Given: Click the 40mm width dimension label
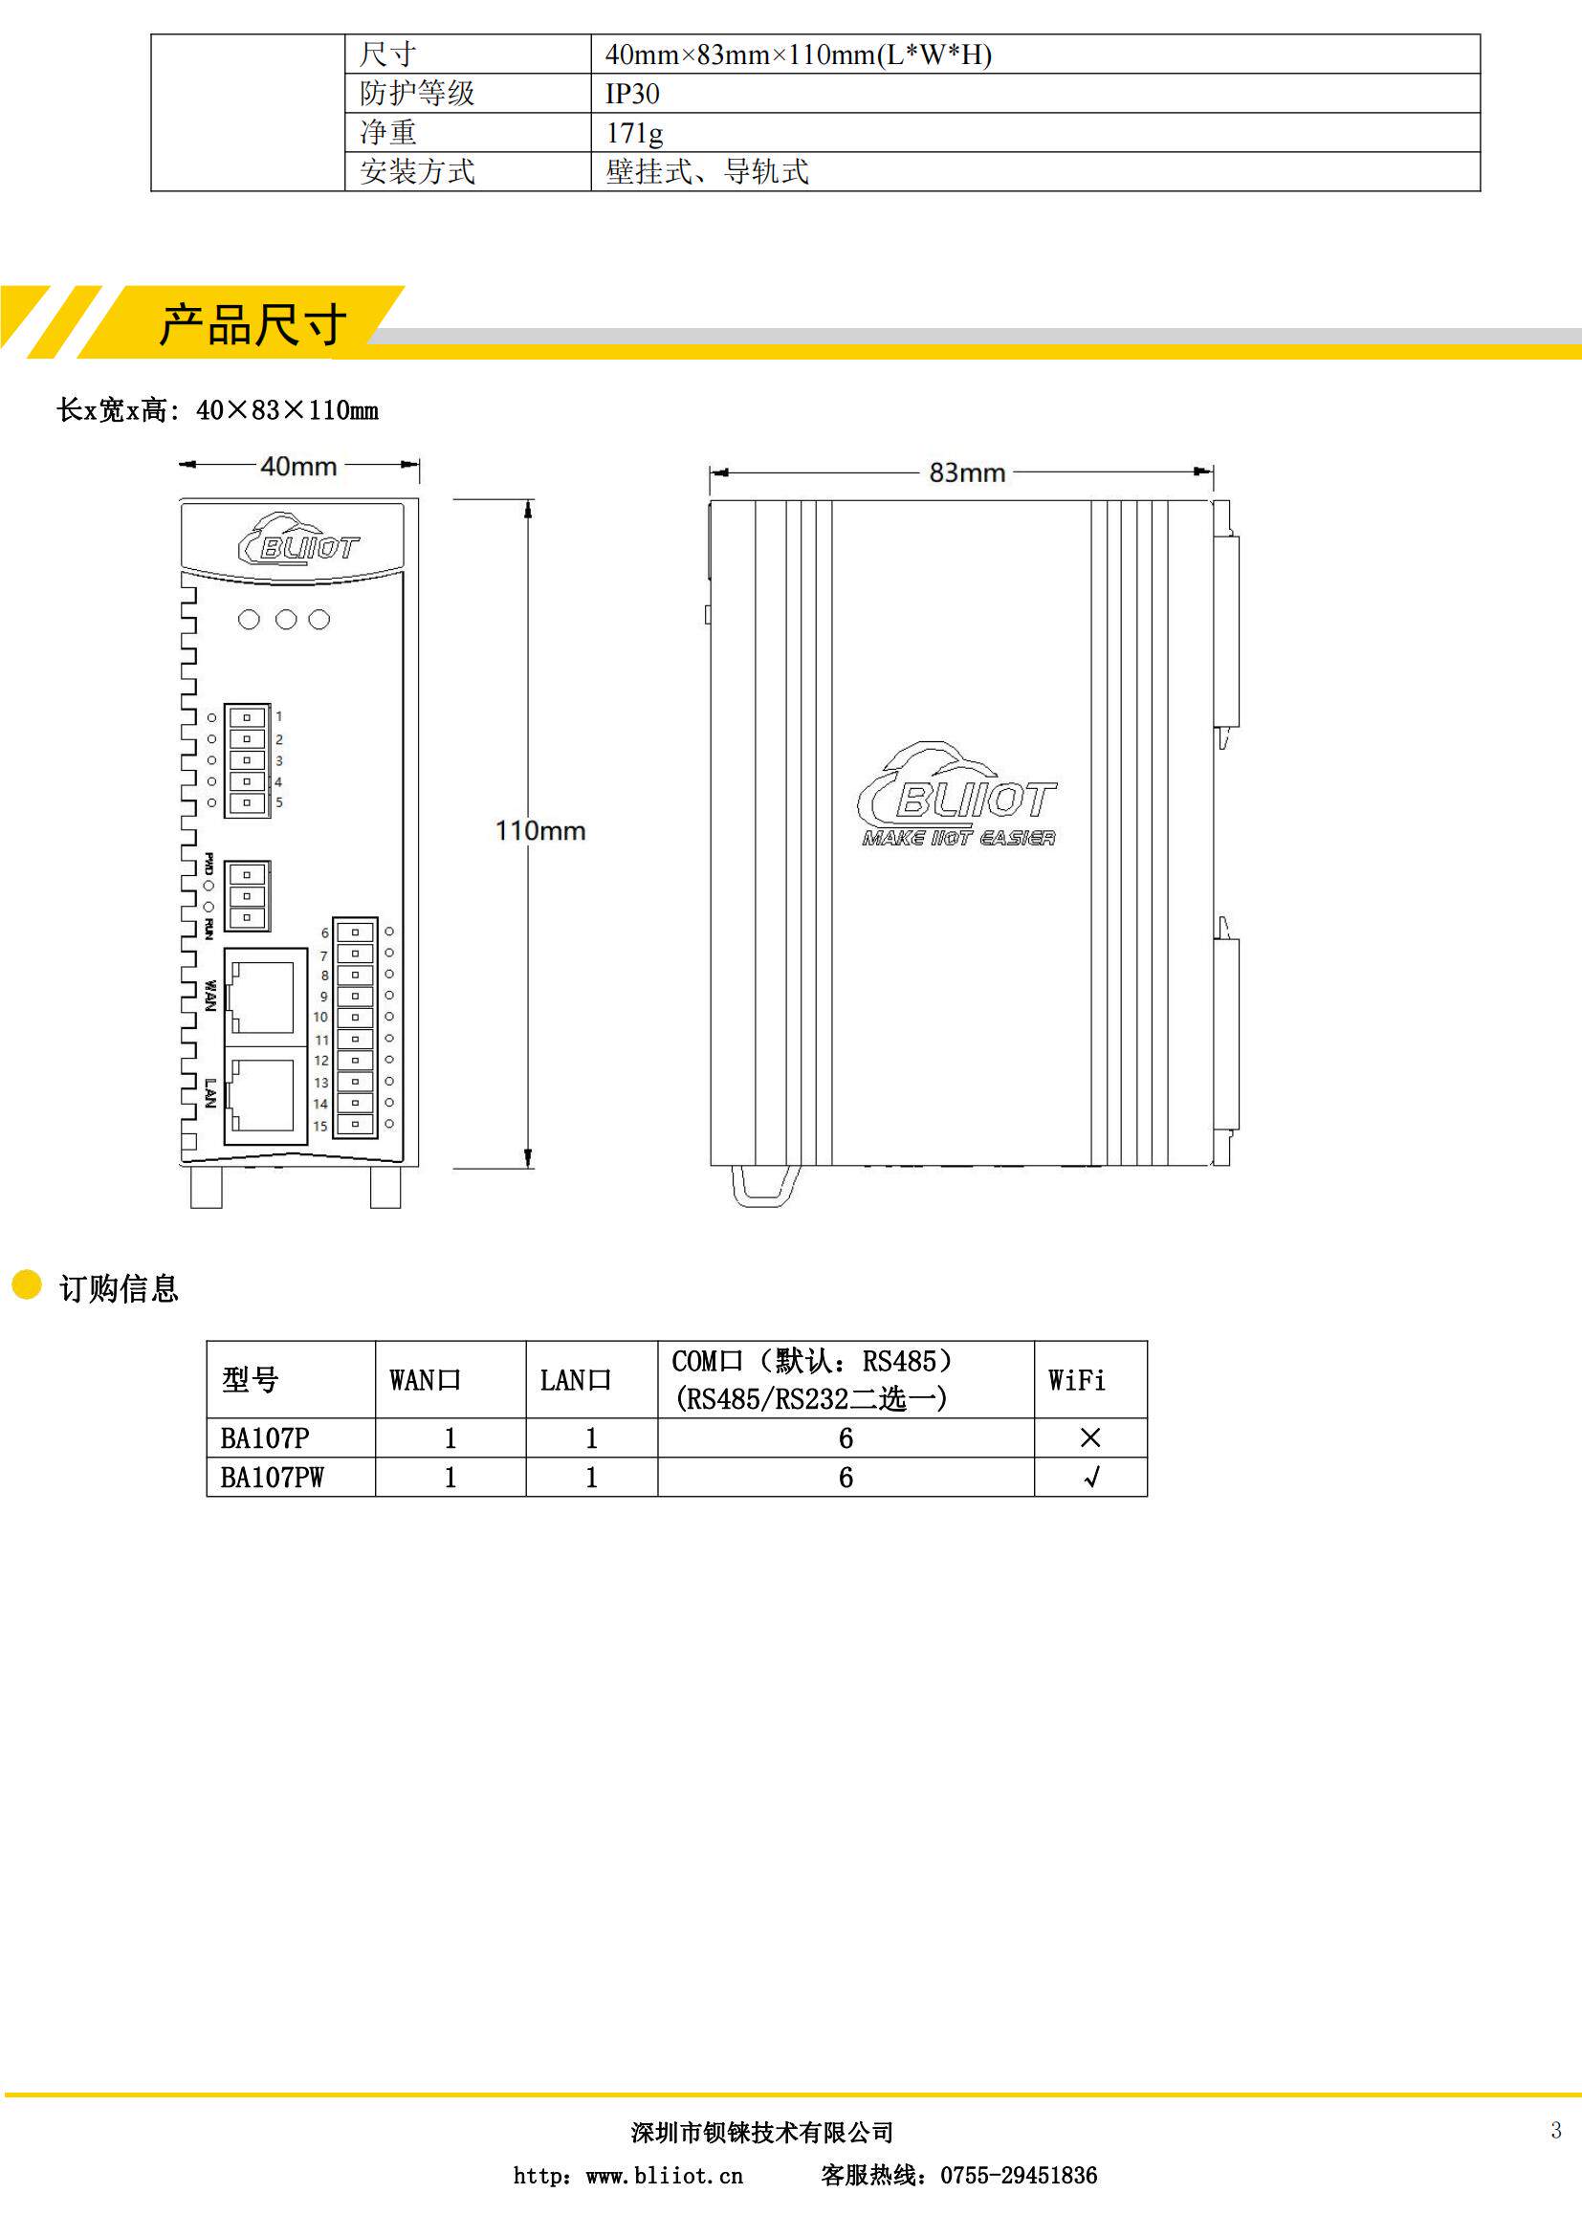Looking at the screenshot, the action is point(298,467).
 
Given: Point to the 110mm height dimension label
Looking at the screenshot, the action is point(539,831).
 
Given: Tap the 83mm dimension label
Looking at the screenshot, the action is point(966,473).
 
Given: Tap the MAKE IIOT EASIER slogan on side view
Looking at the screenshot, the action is point(957,838).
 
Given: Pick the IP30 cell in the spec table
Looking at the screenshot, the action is point(632,94).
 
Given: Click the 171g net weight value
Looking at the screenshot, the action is point(634,133).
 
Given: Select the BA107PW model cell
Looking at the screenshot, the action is point(272,1478).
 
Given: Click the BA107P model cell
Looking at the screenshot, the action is point(265,1438).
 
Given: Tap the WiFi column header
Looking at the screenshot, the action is point(1076,1381).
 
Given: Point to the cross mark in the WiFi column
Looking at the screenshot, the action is point(1090,1438).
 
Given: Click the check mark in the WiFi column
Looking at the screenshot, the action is point(1091,1478).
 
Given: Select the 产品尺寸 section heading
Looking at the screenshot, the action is point(253,324).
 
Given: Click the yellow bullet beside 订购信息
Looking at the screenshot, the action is point(26,1285).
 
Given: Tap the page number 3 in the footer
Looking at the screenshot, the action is point(1556,2131).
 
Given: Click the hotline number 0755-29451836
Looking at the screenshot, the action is point(1018,2176).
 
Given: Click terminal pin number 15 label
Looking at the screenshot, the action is point(319,1127).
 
